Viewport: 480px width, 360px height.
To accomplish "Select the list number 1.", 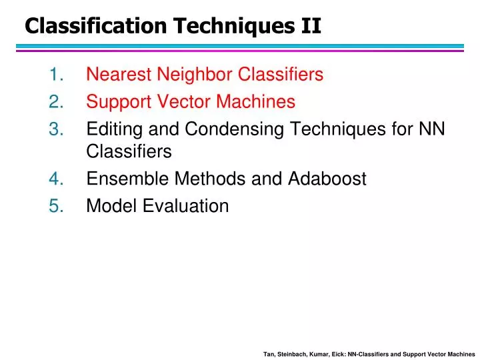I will (x=55, y=74).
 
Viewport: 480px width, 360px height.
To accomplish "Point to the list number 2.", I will (x=55, y=102).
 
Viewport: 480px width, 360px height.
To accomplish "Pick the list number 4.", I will (x=55, y=179).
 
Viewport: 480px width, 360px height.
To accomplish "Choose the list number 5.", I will (x=55, y=206).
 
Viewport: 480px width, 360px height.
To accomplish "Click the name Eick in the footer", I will (x=337, y=354).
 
